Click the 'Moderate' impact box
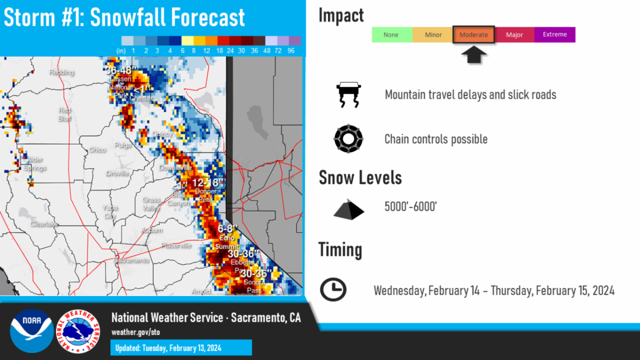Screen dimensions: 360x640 coord(474,35)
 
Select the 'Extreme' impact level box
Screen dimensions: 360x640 coord(555,35)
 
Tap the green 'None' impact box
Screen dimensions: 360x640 coord(391,35)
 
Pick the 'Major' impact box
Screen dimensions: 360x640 coord(515,35)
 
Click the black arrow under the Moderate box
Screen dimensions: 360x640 coord(474,54)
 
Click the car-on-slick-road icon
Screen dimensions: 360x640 coord(348,94)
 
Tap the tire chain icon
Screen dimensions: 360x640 coord(348,139)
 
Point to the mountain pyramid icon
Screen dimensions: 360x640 coord(349,209)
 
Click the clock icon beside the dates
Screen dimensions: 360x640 coord(333,290)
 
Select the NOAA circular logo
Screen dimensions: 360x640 coord(31,331)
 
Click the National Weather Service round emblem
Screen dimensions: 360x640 coord(78,331)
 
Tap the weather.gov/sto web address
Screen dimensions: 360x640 coord(135,332)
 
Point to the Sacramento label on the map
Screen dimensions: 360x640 coord(131,260)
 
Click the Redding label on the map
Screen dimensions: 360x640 coord(61,72)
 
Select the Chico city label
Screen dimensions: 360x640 coord(97,150)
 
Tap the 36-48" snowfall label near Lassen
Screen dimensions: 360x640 coord(118,70)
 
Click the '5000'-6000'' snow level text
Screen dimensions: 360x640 coord(411,206)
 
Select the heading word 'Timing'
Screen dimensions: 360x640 coord(340,250)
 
